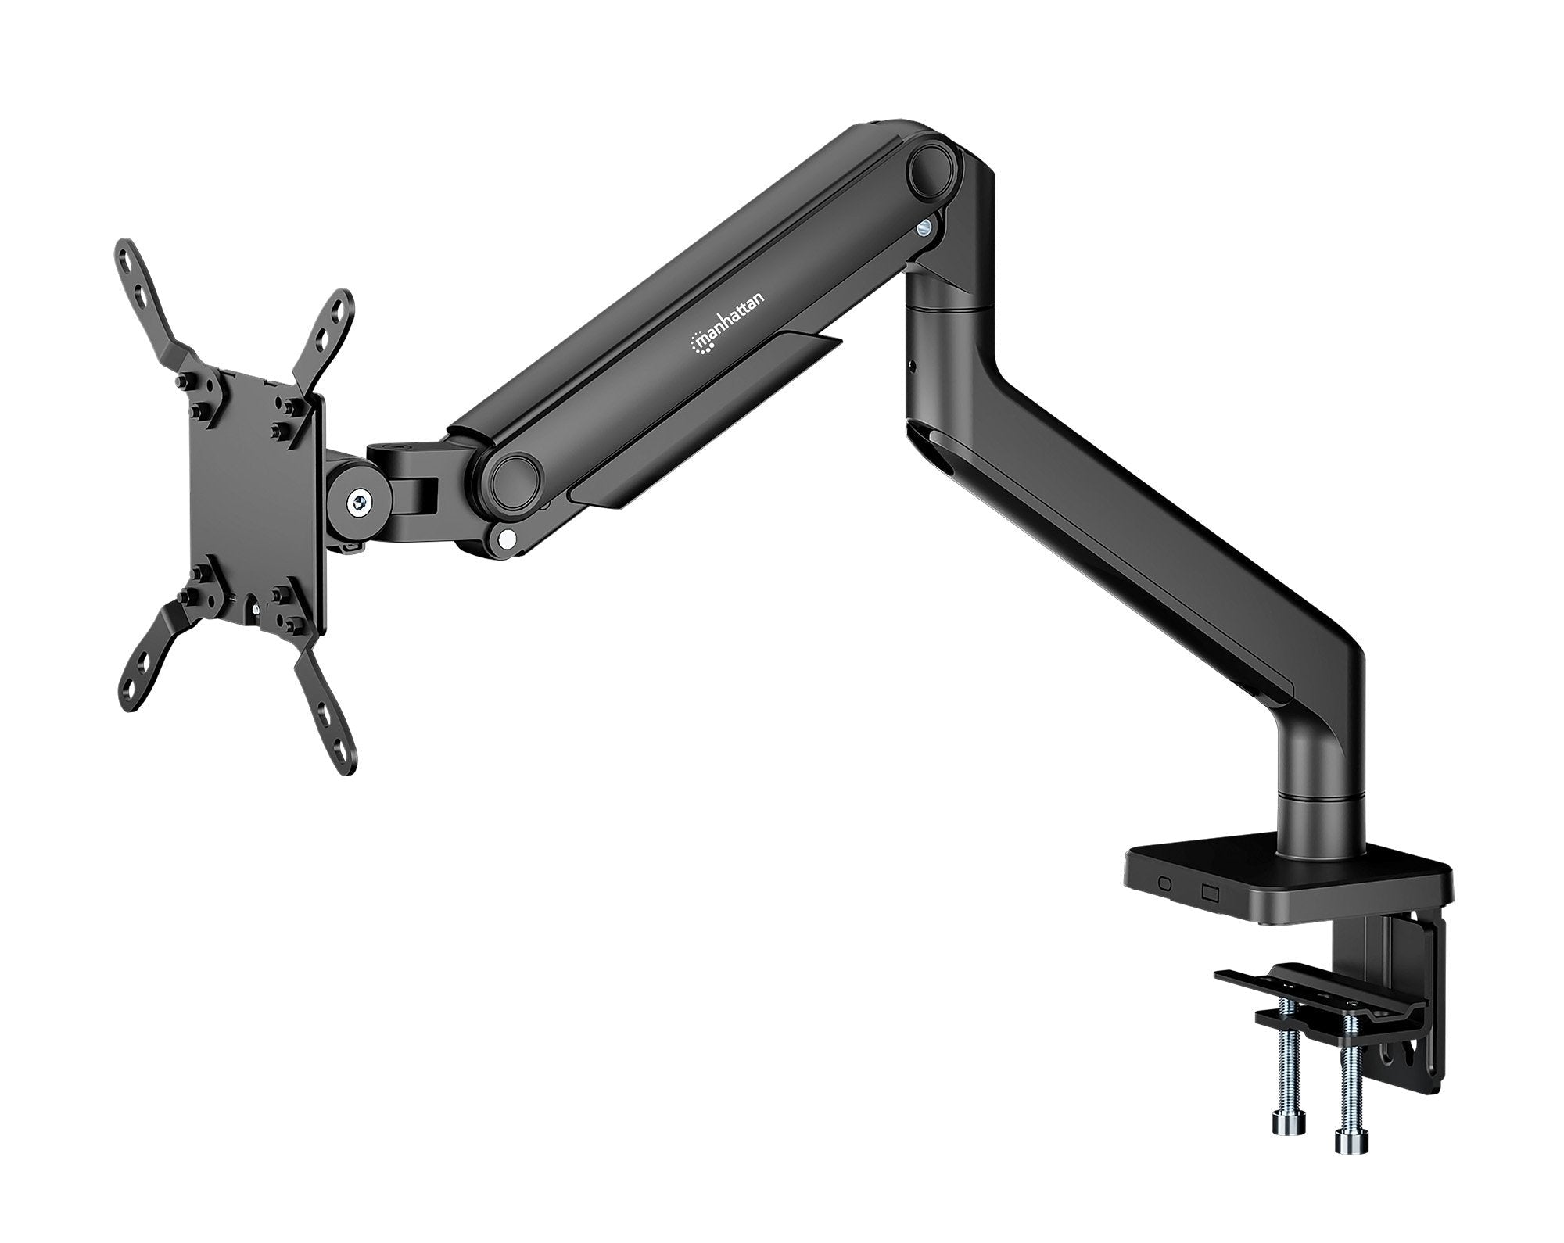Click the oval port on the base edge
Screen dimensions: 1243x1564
[x=1164, y=883]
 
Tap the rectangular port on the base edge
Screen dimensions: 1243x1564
[x=1211, y=890]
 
